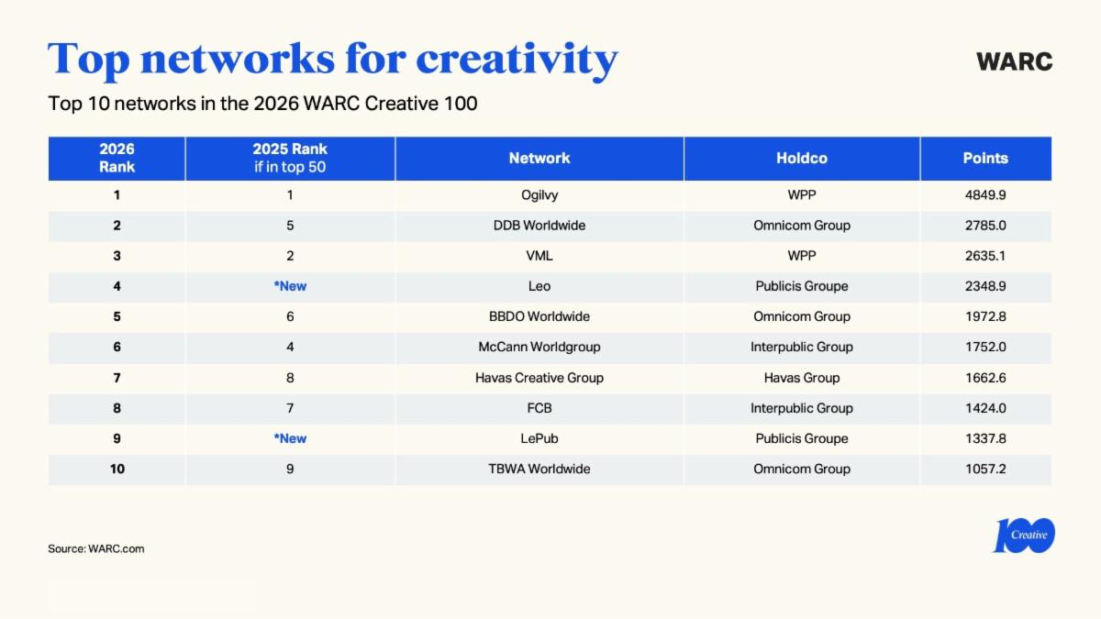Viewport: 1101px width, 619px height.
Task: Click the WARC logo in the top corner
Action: point(1014,61)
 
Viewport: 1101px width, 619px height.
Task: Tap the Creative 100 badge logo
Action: point(1024,536)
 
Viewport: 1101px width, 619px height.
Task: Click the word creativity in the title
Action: point(517,59)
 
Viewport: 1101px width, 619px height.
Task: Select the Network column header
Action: point(539,159)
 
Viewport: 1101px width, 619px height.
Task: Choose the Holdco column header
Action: point(801,159)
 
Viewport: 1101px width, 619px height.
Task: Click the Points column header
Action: point(985,159)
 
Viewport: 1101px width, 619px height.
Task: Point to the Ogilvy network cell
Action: point(539,195)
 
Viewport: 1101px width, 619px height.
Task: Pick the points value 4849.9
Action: point(985,195)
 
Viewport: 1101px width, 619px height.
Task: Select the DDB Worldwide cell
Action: point(539,226)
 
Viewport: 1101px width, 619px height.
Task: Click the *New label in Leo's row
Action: point(290,286)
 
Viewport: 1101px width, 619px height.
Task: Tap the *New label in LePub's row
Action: point(290,438)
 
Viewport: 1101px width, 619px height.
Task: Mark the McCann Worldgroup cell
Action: point(539,347)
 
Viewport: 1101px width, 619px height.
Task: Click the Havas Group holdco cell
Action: point(801,378)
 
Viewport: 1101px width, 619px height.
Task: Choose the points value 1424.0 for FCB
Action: point(985,408)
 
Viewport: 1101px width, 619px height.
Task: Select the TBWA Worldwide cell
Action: point(539,469)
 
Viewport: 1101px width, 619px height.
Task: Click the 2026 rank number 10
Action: point(117,469)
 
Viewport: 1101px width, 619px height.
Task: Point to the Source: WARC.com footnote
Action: point(96,548)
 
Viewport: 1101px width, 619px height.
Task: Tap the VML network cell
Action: point(539,256)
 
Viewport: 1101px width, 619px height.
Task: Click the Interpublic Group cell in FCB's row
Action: point(801,408)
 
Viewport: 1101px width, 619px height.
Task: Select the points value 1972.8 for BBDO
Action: point(985,316)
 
